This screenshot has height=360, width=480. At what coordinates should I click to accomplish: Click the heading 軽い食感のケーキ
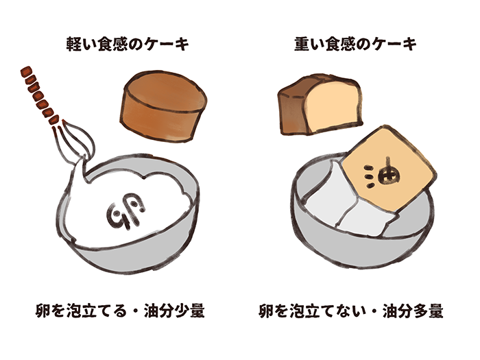click(128, 44)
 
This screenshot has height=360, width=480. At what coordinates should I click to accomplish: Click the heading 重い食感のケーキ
click(355, 44)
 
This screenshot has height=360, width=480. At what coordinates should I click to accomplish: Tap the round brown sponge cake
click(163, 106)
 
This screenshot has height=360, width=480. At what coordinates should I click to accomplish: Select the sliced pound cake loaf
click(320, 104)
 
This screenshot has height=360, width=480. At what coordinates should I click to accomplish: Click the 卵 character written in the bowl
click(126, 211)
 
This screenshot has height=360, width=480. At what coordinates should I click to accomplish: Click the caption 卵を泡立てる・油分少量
click(120, 311)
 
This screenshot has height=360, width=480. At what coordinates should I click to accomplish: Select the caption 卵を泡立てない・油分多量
click(351, 311)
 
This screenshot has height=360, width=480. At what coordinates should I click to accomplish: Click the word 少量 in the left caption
click(189, 311)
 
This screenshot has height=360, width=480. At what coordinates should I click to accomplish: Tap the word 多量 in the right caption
click(428, 311)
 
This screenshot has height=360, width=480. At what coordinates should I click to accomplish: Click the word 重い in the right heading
click(309, 44)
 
